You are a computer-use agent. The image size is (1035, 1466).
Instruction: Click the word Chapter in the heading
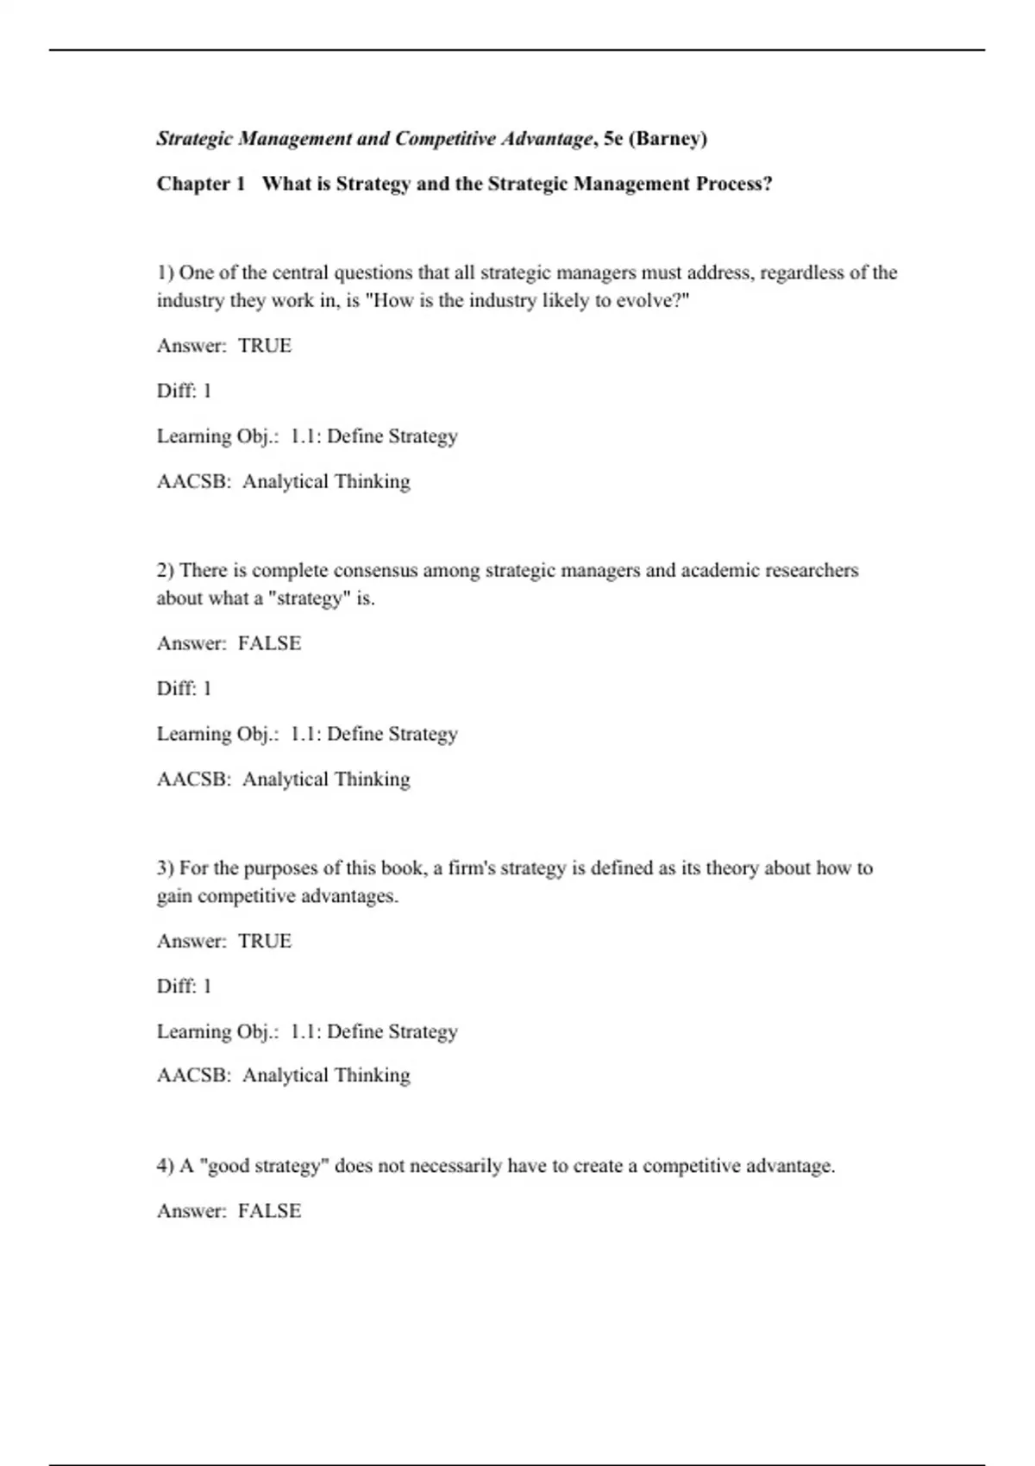click(194, 184)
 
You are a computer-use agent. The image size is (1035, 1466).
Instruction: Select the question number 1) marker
click(166, 273)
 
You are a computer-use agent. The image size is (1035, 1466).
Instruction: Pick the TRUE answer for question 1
click(265, 346)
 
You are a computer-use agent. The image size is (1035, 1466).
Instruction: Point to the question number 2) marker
click(166, 570)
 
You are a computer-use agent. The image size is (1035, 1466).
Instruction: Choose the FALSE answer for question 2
click(269, 643)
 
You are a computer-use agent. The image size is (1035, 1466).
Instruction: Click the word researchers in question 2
click(812, 570)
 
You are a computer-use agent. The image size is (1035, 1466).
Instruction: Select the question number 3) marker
click(166, 868)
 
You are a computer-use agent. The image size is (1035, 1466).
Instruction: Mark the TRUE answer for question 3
click(265, 941)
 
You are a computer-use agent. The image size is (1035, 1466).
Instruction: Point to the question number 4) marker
click(166, 1166)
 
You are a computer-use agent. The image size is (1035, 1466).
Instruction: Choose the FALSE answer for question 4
click(269, 1211)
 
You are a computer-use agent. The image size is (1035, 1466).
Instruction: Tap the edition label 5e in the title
click(613, 139)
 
